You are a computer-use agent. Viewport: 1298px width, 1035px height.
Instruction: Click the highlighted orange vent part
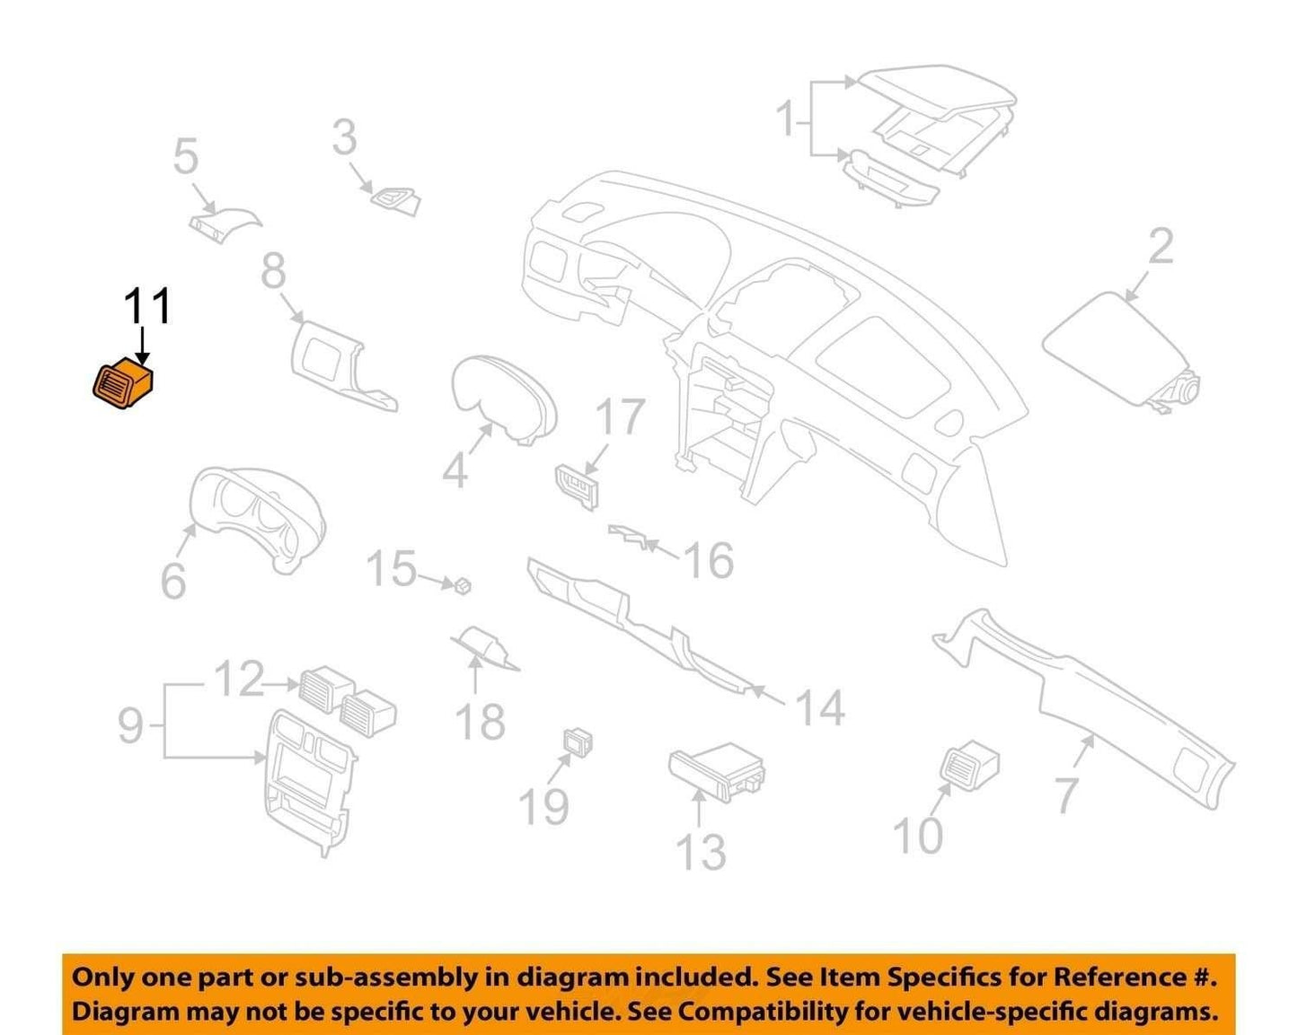point(123,384)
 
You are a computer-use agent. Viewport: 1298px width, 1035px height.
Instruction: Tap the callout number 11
point(148,306)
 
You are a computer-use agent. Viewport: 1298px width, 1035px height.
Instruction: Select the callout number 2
point(1161,246)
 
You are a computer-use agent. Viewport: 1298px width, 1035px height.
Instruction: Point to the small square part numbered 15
point(463,585)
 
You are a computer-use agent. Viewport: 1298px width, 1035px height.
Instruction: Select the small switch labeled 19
point(578,742)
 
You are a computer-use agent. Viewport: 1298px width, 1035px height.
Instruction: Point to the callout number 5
point(186,156)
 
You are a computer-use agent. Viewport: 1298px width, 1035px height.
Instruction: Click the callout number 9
point(130,726)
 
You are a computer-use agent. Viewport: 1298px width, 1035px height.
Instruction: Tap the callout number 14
point(820,707)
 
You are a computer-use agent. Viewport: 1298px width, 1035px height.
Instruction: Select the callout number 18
point(481,721)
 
